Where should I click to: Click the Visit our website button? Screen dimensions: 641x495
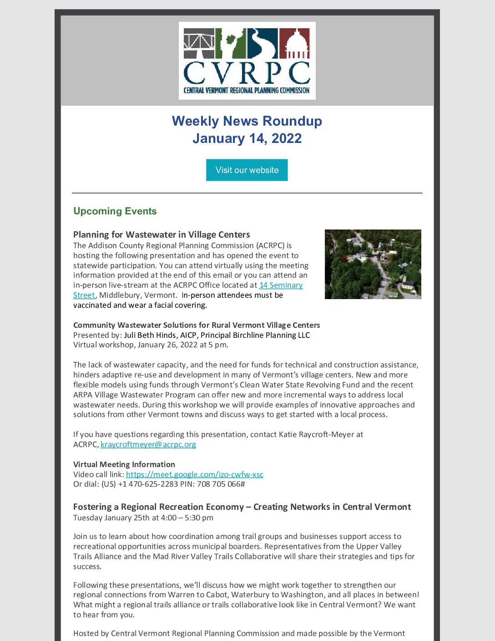pos(247,170)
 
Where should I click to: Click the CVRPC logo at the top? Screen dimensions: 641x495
pos(247,61)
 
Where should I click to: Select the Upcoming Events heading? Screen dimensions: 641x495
pos(115,211)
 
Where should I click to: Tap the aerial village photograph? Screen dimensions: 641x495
pos(373,264)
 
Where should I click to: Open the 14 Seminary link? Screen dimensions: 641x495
pos(281,285)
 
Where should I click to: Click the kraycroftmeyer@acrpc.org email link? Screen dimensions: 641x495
pos(148,444)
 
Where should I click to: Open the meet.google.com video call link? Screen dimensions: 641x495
pos(194,474)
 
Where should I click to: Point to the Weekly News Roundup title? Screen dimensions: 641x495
pos(247,121)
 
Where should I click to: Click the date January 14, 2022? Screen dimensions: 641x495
pos(247,138)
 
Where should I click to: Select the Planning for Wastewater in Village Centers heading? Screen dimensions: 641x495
pos(162,234)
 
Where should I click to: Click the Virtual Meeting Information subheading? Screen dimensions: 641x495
pos(124,464)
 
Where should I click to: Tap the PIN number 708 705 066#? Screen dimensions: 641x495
pos(221,484)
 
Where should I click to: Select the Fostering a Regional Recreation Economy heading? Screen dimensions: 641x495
pos(242,507)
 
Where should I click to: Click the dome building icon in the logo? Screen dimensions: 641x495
pos(294,44)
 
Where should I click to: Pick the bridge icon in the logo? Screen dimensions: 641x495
pos(199,44)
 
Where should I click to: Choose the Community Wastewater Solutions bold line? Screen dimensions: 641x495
pos(196,325)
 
